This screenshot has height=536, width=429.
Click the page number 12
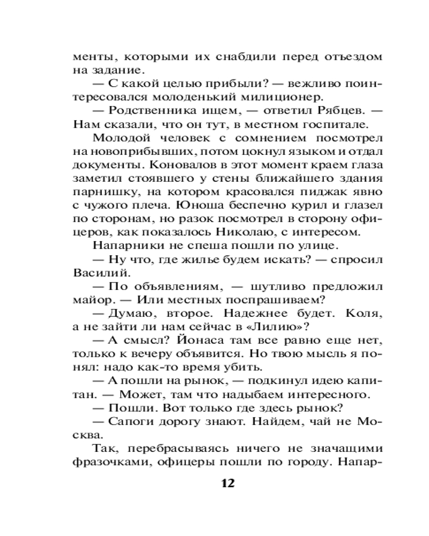[227, 483]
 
